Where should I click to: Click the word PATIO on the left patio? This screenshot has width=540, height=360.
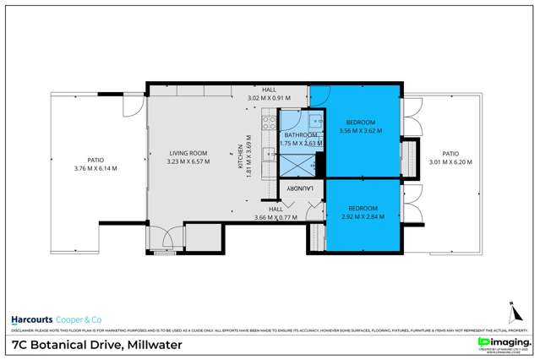tap(95, 158)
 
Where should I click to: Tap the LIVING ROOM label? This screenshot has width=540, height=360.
tap(188, 153)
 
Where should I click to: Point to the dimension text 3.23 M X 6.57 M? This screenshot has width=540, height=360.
tap(188, 161)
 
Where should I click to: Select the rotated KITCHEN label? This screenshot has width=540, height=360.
tap(241, 156)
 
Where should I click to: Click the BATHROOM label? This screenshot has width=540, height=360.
tap(300, 134)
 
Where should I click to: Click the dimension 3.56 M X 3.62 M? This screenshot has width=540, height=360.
tap(361, 131)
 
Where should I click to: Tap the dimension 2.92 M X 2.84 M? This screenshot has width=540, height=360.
tap(361, 216)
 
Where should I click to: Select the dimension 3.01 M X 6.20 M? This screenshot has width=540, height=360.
tap(450, 162)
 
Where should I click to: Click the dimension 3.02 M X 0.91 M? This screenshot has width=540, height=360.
tap(268, 97)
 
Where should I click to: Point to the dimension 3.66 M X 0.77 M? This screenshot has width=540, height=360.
tap(276, 217)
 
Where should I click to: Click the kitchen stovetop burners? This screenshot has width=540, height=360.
tap(268, 127)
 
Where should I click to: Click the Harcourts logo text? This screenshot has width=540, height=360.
tap(31, 319)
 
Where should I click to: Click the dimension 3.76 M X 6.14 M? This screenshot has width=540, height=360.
tap(95, 167)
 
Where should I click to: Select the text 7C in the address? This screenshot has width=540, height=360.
tap(19, 345)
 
